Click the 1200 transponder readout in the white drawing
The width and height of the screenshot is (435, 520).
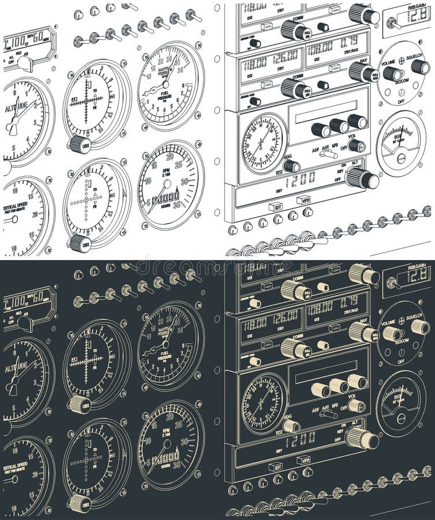(300, 178)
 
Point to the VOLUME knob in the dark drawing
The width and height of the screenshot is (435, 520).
(393, 333)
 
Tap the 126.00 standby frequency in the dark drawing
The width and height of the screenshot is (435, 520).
(285, 315)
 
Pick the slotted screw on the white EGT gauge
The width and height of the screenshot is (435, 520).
(401, 158)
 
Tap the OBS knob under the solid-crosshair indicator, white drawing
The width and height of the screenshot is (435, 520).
(79, 143)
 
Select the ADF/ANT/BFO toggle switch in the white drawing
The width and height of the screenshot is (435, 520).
(329, 154)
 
